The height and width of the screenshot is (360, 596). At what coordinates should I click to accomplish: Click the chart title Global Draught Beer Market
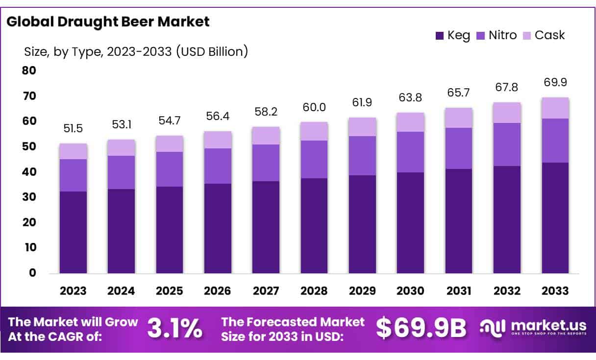click(x=108, y=22)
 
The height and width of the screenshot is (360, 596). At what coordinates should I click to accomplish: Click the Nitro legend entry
click(x=496, y=35)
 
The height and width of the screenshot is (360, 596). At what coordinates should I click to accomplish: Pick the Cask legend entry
click(x=544, y=35)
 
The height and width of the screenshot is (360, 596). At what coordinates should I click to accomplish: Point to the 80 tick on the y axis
click(x=29, y=71)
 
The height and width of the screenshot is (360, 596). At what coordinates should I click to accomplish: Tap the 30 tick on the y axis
click(x=29, y=197)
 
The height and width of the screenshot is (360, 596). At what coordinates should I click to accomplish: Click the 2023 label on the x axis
click(x=73, y=291)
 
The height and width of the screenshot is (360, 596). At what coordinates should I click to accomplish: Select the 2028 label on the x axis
click(x=314, y=291)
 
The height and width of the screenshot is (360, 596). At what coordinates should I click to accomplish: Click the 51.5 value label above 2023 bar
click(x=73, y=129)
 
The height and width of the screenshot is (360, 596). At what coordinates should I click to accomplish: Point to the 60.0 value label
click(x=314, y=107)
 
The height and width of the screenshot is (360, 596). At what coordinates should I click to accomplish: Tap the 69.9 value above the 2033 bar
click(x=555, y=82)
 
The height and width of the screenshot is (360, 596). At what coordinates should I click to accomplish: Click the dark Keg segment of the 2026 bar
click(x=218, y=228)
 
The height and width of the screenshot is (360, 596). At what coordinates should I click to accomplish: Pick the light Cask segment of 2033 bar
click(x=555, y=108)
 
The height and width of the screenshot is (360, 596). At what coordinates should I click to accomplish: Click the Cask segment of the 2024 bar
click(x=121, y=147)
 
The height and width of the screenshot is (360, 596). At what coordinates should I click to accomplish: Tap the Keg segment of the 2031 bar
click(x=459, y=220)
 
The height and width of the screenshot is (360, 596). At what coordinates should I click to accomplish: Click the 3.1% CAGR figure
click(x=174, y=329)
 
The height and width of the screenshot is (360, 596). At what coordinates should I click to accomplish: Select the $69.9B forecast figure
click(x=421, y=329)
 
